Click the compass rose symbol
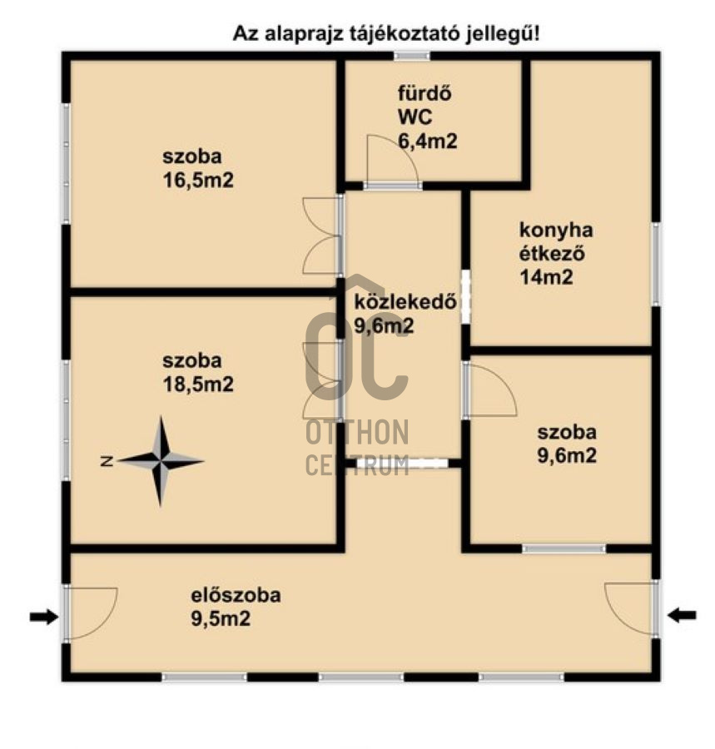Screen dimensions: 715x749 coord(161,461)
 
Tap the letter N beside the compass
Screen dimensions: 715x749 coord(107,461)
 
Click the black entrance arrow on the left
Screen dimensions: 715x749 coord(44,617)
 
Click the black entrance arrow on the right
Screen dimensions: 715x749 coord(682,615)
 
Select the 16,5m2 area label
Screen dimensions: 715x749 coord(198,181)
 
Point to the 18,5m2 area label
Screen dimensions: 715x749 coord(198,384)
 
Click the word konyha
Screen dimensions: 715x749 coord(556,231)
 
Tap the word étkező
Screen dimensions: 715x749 coord(552,254)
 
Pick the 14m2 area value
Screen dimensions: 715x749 coord(546,277)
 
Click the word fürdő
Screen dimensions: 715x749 coord(425,93)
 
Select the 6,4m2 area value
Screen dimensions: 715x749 coord(428,141)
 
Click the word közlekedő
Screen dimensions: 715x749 coord(405,302)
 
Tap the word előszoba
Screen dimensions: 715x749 coord(236,596)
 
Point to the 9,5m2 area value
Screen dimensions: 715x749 coord(221,619)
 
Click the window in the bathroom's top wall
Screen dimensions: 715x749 coord(412,56)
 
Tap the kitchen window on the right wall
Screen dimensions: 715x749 coord(657,264)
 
